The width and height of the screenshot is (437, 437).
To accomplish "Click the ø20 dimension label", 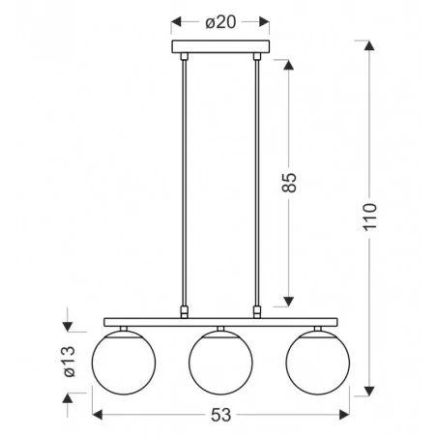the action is click(220, 22).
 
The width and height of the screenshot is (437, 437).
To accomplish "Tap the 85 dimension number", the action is click(289, 183).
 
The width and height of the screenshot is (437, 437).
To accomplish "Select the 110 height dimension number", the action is click(369, 217).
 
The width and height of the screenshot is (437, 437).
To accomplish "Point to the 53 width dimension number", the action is click(221, 415).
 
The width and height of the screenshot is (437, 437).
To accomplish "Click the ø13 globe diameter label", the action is click(70, 362).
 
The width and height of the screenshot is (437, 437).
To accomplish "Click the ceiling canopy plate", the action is click(220, 46).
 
